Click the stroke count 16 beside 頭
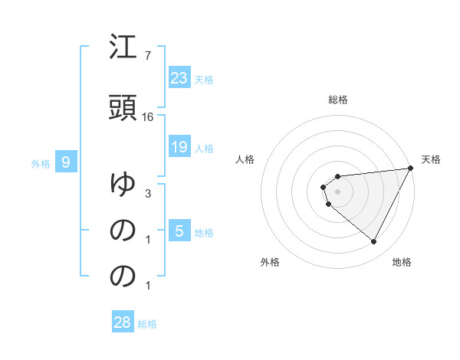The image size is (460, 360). (x=148, y=116)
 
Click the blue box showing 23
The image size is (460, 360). (x=179, y=78)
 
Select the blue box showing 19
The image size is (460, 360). (x=179, y=147)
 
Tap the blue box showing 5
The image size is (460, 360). (x=179, y=231)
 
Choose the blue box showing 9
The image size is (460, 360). (x=66, y=162)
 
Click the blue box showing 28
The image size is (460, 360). (x=122, y=322)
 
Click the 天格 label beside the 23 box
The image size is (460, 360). (x=204, y=79)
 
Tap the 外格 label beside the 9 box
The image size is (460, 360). (x=41, y=163)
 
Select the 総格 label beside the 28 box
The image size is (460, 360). (x=147, y=323)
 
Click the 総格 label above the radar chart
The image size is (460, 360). (x=338, y=100)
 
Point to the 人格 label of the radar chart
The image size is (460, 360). (x=245, y=159)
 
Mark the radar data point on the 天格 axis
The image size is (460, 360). (x=411, y=169)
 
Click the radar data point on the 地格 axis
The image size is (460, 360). (x=373, y=242)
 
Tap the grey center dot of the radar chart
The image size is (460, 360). (x=337, y=191)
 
